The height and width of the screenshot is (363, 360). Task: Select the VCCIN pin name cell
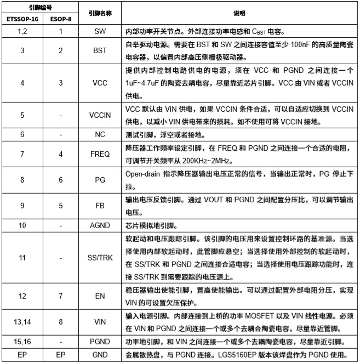click(100, 116)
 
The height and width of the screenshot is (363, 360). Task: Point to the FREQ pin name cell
click(100, 155)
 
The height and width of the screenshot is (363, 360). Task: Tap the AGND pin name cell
click(100, 225)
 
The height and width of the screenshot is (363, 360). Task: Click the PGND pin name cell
click(100, 342)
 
